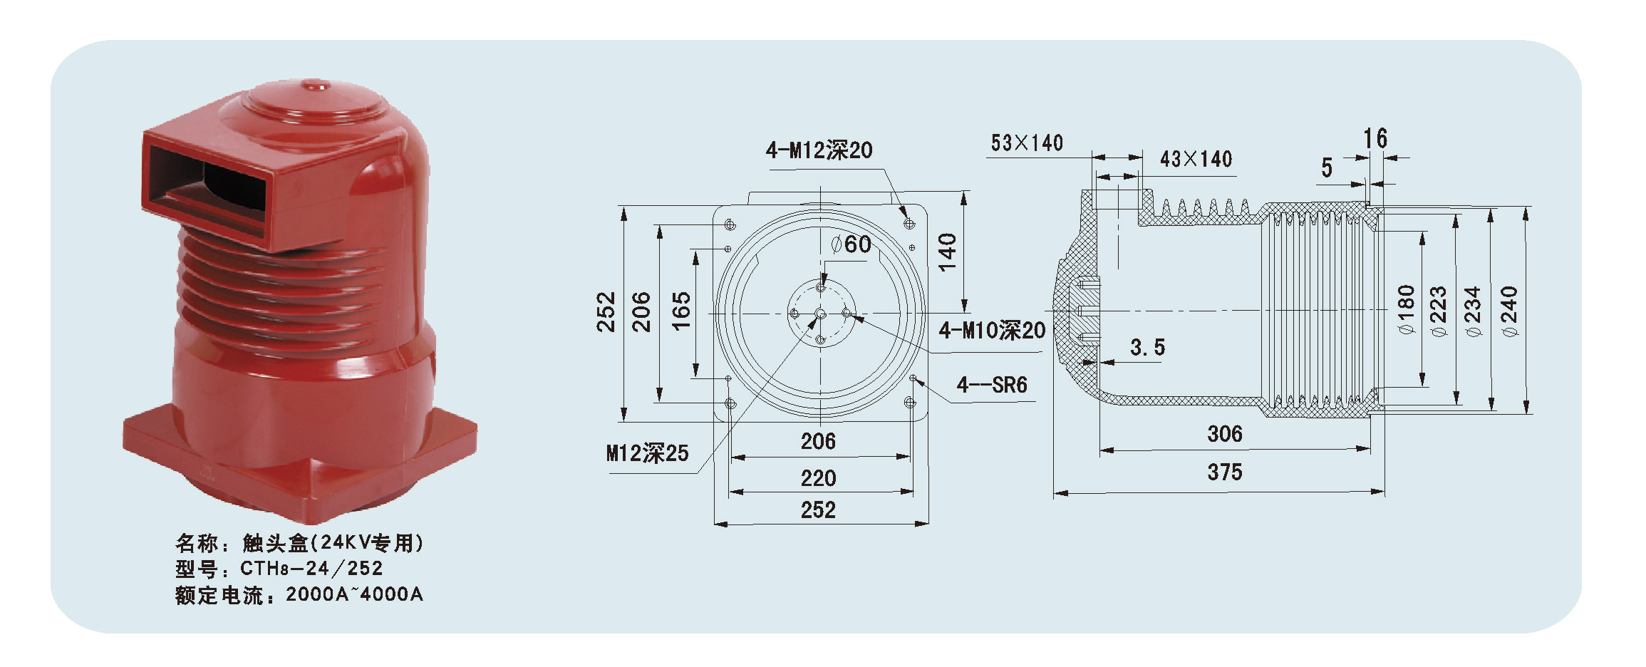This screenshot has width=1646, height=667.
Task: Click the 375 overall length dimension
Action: point(1224,472)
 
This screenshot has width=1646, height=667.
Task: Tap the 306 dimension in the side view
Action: point(1224,433)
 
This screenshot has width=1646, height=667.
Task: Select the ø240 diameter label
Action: point(1508,311)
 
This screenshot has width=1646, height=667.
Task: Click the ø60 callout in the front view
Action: point(852,244)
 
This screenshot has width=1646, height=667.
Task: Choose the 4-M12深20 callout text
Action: point(819,150)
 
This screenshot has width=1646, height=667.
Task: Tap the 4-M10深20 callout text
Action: point(991,331)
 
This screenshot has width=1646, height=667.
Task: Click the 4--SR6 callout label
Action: point(991,386)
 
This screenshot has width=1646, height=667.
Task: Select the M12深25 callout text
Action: point(647,453)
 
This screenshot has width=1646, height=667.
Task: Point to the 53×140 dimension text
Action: point(1026,143)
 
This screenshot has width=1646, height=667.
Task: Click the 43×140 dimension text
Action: point(1196,159)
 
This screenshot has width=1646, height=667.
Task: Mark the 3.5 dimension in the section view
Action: point(1147,348)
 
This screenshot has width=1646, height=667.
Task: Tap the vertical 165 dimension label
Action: point(681,311)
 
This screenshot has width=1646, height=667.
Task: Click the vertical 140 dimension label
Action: point(947,252)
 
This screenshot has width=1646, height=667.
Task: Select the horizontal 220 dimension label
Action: point(818,478)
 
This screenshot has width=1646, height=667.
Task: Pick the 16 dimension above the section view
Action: point(1375,138)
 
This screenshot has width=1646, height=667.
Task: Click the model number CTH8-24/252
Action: point(311,569)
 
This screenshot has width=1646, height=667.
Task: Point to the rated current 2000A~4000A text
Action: point(354,594)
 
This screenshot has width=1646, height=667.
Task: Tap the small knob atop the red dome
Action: point(314,87)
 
